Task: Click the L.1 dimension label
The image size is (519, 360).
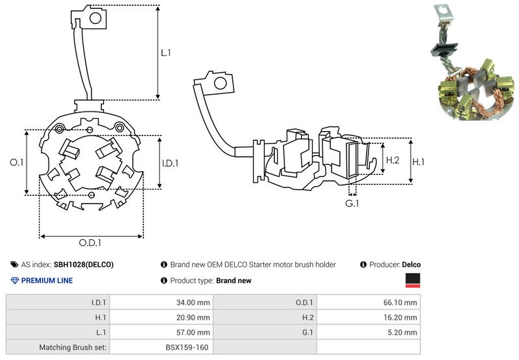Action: click(x=165, y=53)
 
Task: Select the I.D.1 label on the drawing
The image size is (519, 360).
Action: click(x=169, y=163)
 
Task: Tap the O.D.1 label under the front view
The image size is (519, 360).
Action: click(x=90, y=244)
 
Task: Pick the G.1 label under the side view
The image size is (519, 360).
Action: click(x=352, y=204)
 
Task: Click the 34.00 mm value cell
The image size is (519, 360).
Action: click(x=193, y=302)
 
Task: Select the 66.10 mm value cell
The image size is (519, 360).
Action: click(x=401, y=302)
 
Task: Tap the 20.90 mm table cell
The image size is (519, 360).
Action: click(x=193, y=317)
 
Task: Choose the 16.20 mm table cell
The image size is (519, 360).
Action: click(x=401, y=317)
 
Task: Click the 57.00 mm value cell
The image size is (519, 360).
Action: click(x=193, y=332)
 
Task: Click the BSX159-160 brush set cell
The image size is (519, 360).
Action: click(x=187, y=348)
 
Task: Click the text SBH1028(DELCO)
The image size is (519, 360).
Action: click(x=84, y=265)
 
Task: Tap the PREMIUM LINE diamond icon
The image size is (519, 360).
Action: click(x=15, y=281)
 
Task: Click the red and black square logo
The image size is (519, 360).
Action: click(x=413, y=280)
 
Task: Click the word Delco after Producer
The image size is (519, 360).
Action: click(x=411, y=265)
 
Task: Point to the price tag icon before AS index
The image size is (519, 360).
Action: click(x=14, y=265)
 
